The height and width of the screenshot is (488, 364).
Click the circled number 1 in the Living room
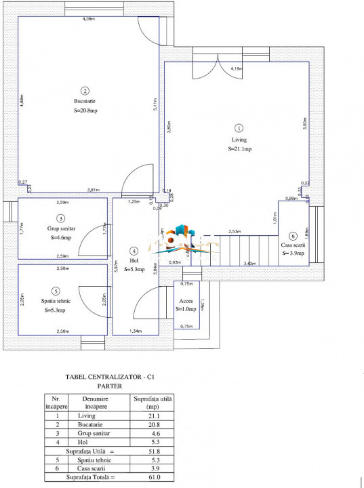tap(238, 127)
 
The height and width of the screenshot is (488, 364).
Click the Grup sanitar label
tap(61, 229)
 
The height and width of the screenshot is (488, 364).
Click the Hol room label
tap(134, 260)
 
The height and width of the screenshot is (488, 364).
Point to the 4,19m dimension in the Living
tap(236, 68)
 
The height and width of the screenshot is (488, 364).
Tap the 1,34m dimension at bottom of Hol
tap(136, 331)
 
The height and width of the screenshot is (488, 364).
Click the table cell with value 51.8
tap(153, 449)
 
